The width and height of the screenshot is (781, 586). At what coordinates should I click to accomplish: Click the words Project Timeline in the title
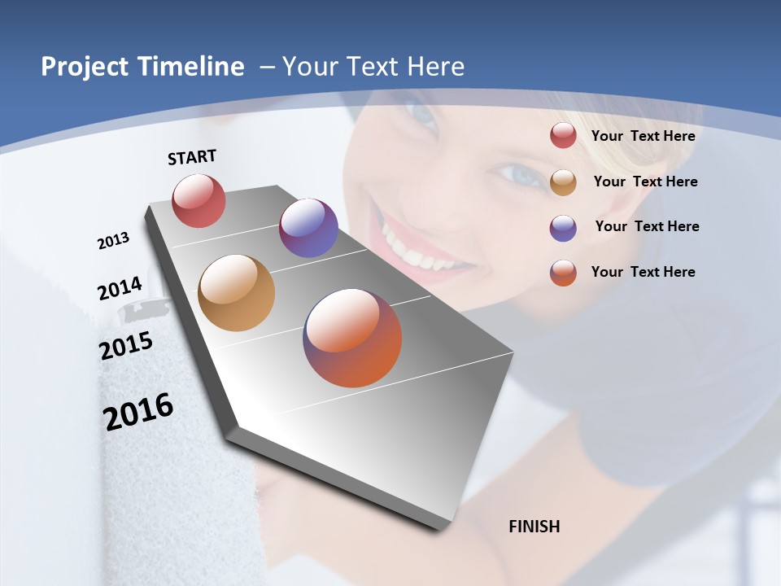[x=142, y=67]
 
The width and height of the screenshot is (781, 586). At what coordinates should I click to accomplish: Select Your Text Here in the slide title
[x=373, y=67]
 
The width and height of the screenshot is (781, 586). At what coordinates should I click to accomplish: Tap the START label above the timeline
[x=192, y=157]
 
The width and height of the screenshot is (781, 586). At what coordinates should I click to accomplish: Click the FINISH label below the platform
[x=534, y=527]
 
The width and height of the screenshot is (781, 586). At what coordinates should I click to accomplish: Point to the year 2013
[x=113, y=241]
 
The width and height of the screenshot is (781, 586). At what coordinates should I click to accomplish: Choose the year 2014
[x=120, y=289]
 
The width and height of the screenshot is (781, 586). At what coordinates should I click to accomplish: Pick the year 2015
[x=125, y=346]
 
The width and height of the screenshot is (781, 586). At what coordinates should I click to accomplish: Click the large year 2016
[x=137, y=412]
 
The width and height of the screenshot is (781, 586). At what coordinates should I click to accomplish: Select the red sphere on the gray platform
[x=199, y=200]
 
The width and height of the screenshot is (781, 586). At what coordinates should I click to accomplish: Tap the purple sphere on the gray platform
[x=308, y=228]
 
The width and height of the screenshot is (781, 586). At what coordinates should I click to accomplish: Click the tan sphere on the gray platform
[x=236, y=293]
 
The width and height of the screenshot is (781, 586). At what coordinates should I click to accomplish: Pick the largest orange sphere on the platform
[x=352, y=338]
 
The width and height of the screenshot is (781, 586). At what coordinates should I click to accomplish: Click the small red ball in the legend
[x=563, y=136]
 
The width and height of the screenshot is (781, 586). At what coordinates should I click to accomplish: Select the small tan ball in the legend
[x=563, y=182]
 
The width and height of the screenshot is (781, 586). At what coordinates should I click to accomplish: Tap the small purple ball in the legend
[x=563, y=228]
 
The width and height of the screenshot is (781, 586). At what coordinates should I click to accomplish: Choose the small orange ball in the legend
[x=563, y=273]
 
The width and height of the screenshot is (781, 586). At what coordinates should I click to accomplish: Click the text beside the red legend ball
[x=643, y=136]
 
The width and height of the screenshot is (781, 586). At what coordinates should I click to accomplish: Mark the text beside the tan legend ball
[x=645, y=181]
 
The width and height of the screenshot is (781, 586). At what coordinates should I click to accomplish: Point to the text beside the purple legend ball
[x=647, y=226]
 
